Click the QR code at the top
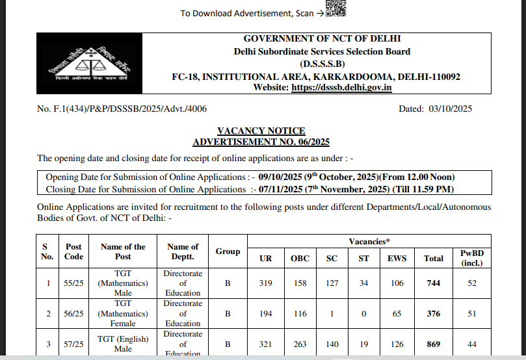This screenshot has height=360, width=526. [336, 8]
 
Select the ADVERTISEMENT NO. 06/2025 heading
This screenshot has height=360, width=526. [262, 142]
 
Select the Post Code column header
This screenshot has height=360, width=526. [74, 251]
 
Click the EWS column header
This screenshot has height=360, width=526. [397, 258]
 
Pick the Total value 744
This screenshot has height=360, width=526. [433, 283]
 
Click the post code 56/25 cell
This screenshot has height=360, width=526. [74, 314]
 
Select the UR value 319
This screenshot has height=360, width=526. [266, 283]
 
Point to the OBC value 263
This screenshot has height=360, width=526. [300, 344]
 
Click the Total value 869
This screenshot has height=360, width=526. [433, 344]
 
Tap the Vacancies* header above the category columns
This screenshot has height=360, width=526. [369, 241]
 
